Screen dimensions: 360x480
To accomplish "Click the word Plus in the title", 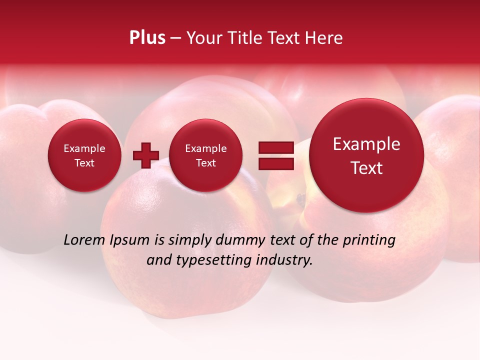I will coord(147,38).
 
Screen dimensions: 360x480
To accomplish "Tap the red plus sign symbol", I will coord(146,155).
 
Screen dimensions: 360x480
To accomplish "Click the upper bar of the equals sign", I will coord(275,147).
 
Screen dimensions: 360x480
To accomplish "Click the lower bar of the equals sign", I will coord(275,163).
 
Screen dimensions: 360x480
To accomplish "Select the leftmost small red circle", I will coord(84,155).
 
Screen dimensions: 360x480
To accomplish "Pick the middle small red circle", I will coord(205,155).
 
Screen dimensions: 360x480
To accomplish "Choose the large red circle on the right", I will coord(366,155).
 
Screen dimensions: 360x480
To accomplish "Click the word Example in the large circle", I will coord(366,144).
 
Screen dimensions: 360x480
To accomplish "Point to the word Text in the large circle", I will coord(366,168).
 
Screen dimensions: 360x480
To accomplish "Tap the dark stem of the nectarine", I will coord(300,199).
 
